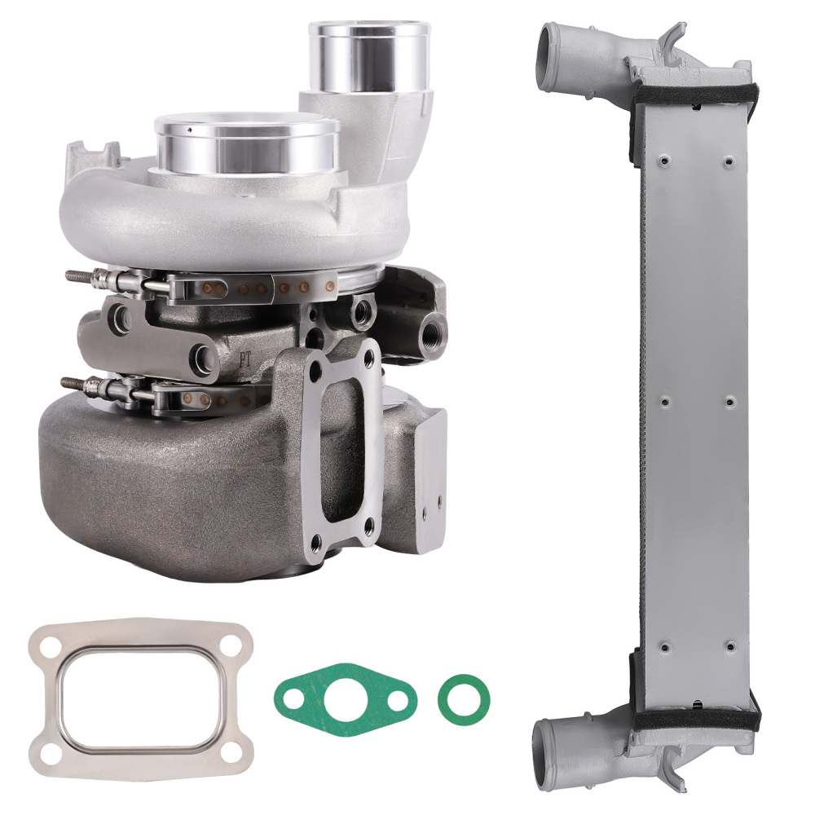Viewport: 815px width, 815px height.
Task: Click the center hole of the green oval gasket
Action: click(346, 698)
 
